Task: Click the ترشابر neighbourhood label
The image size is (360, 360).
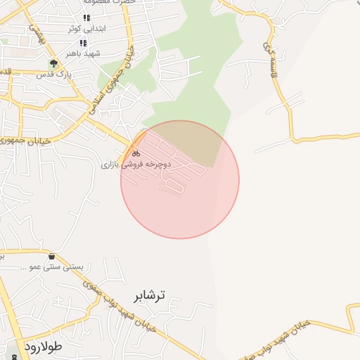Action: (148, 295)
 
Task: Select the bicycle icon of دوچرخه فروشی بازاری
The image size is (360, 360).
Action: (136, 153)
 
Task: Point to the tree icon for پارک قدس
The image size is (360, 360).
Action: (53, 63)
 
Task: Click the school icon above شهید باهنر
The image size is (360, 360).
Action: (83, 43)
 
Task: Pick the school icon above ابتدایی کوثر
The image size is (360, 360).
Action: (86, 18)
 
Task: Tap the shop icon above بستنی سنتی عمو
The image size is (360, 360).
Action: (53, 257)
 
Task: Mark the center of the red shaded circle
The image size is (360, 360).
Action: (180, 179)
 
